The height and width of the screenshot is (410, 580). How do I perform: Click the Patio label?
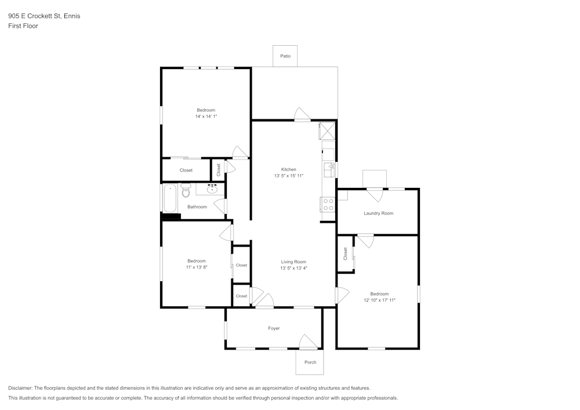tap(285, 56)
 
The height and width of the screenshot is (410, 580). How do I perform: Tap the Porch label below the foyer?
tap(310, 362)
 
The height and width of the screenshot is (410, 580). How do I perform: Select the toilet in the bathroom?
tap(186, 190)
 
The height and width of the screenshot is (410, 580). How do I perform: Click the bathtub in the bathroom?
tap(170, 198)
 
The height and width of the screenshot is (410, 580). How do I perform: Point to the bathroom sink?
tap(212, 188)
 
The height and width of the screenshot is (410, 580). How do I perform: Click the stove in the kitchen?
tap(328, 204)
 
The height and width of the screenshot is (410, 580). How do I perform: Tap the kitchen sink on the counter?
tap(331, 169)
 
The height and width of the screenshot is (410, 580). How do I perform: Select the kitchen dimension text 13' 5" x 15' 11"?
tap(288, 176)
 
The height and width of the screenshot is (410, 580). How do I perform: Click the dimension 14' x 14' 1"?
tap(205, 117)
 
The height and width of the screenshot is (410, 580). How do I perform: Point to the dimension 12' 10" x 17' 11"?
tap(379, 300)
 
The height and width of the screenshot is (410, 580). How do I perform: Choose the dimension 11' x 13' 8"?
tap(196, 267)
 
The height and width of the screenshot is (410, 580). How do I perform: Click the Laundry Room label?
tap(378, 213)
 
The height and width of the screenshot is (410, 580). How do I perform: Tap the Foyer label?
tap(274, 328)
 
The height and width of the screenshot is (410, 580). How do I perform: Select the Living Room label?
tap(293, 262)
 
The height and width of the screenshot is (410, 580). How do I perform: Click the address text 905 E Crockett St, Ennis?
tap(44, 16)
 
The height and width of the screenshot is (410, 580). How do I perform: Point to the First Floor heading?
tap(23, 26)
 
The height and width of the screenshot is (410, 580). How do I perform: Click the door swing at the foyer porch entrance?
tap(307, 342)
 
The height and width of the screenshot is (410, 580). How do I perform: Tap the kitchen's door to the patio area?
tap(302, 114)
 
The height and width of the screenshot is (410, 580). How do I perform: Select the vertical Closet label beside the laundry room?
tap(345, 253)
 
